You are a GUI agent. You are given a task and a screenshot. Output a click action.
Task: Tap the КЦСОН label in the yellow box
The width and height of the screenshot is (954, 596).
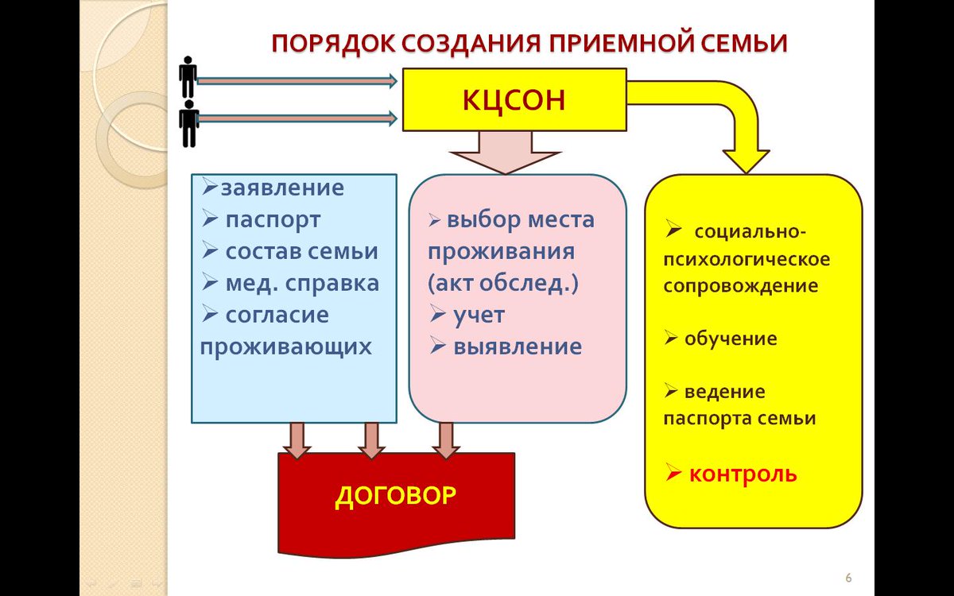[514, 100]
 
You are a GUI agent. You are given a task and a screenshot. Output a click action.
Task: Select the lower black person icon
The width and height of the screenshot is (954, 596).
[188, 122]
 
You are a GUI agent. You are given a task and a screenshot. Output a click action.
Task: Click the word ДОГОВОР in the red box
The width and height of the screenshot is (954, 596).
[395, 496]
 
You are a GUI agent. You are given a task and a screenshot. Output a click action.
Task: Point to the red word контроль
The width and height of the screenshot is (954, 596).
[742, 474]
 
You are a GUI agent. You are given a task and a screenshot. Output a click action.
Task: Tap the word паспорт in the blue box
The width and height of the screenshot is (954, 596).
[273, 219]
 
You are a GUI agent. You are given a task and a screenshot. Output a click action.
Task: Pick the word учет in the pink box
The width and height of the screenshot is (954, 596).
[479, 315]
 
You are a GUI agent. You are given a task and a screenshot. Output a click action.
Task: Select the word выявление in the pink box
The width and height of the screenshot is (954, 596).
[517, 346]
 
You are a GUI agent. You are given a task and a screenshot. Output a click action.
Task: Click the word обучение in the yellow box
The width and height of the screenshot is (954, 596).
[731, 339]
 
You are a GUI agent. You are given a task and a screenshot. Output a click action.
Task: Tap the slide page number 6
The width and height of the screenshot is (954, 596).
[847, 576]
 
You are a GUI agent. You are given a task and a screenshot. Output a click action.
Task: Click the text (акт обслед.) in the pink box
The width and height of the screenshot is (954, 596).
[502, 283]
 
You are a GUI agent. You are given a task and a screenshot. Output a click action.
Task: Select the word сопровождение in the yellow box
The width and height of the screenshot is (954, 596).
[740, 286]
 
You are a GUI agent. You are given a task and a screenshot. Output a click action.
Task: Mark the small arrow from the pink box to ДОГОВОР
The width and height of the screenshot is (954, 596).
[446, 440]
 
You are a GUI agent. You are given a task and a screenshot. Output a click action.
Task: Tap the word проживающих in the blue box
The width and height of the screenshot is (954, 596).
[285, 346]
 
